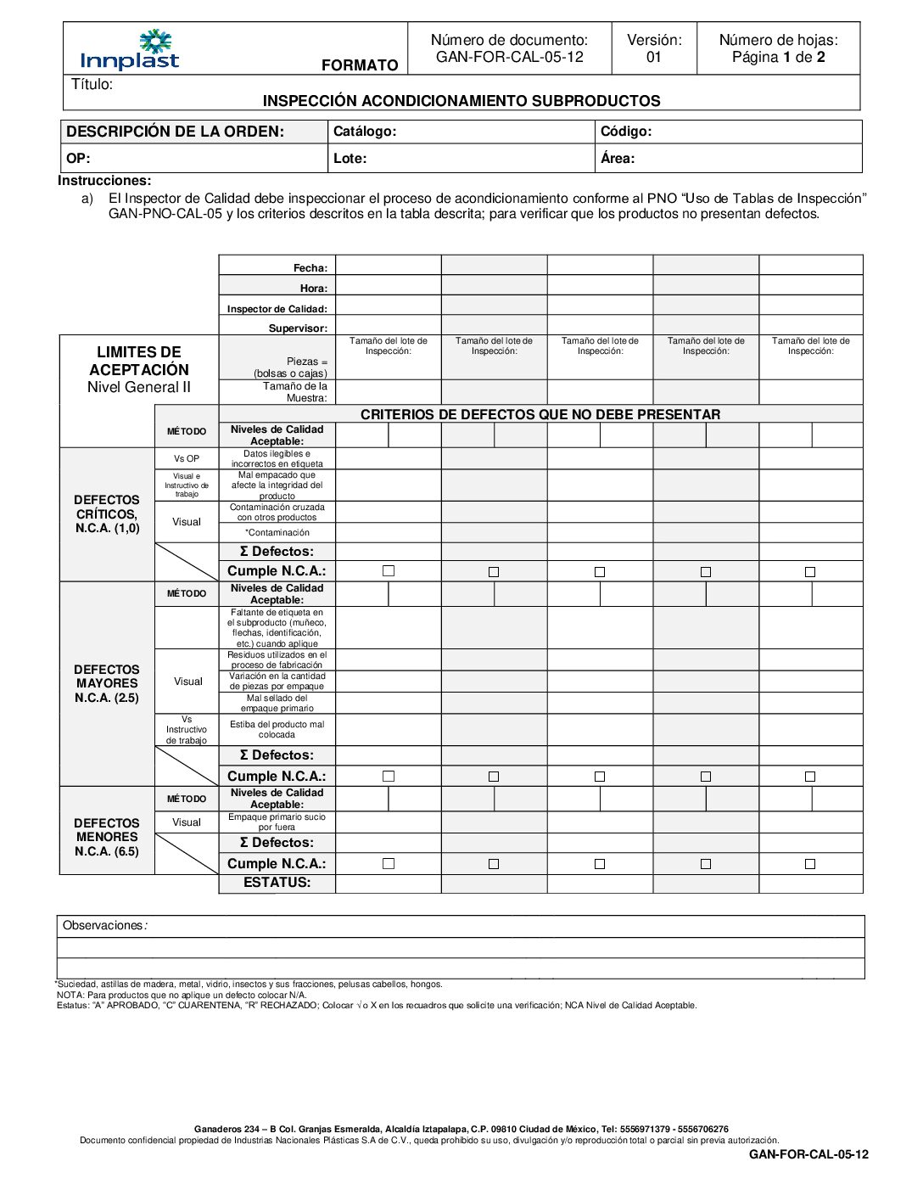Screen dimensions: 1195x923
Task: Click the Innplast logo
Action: (130, 50)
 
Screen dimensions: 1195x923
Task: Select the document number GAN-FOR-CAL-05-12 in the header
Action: (509, 58)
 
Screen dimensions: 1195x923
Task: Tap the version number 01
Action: (653, 58)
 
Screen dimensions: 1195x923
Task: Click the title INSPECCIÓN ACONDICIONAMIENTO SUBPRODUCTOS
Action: (461, 101)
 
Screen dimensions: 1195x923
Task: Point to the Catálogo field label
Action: (365, 132)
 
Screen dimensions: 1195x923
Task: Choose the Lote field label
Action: (350, 158)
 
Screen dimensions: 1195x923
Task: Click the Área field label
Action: (618, 158)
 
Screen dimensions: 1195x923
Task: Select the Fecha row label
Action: (310, 268)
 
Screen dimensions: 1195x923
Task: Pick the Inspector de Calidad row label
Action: (277, 309)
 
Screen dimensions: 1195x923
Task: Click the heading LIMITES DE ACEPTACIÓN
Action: (139, 361)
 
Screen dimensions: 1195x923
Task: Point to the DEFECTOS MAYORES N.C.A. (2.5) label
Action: (107, 683)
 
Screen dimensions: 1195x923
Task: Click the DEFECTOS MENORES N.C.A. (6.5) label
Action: (107, 837)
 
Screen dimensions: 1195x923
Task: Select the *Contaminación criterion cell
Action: (277, 533)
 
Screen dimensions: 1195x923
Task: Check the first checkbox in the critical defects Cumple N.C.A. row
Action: (389, 571)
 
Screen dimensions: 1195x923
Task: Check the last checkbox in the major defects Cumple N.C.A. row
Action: (810, 777)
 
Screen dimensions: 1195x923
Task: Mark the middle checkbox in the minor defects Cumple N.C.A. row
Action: (600, 864)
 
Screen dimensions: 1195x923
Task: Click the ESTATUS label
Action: (277, 883)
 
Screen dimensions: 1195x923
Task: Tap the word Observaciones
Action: (103, 925)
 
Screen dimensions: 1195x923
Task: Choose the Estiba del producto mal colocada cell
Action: (277, 730)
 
